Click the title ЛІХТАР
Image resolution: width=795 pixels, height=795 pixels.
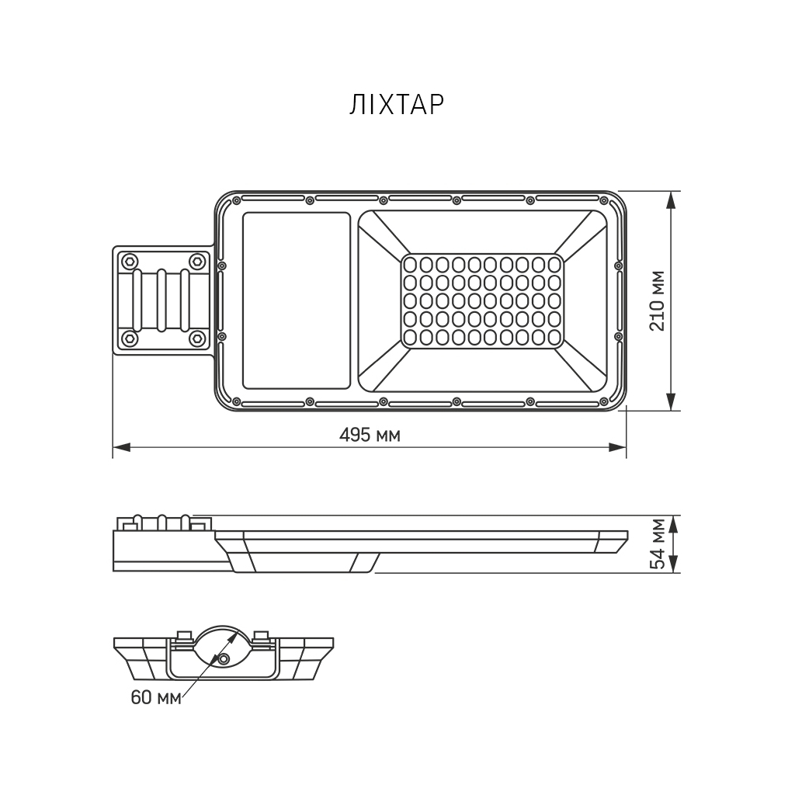(x=397, y=105)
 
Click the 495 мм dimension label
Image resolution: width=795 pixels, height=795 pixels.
(x=370, y=435)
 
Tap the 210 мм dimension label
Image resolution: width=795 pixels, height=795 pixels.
(x=657, y=300)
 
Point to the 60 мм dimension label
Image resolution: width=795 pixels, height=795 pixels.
(x=155, y=697)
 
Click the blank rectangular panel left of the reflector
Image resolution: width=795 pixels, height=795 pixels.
(x=296, y=300)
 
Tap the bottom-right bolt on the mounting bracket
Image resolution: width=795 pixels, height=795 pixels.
(x=197, y=338)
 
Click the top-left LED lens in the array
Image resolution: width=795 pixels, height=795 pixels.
(x=411, y=265)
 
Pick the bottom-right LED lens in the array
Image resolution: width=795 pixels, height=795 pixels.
(x=553, y=337)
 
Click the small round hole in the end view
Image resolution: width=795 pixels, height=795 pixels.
(x=224, y=658)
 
